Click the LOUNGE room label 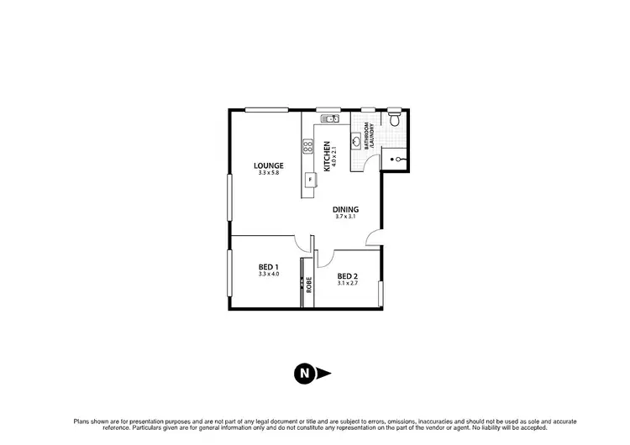pos(268,165)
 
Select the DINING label pos(345,209)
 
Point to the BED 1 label pos(269,267)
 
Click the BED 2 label pos(348,276)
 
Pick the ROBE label pos(309,284)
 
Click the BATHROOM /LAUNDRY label pos(370,135)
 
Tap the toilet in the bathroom pos(394,118)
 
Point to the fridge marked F pos(311,180)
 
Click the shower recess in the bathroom pos(395,157)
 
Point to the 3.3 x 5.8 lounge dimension pos(268,172)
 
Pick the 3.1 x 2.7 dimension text pos(348,284)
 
